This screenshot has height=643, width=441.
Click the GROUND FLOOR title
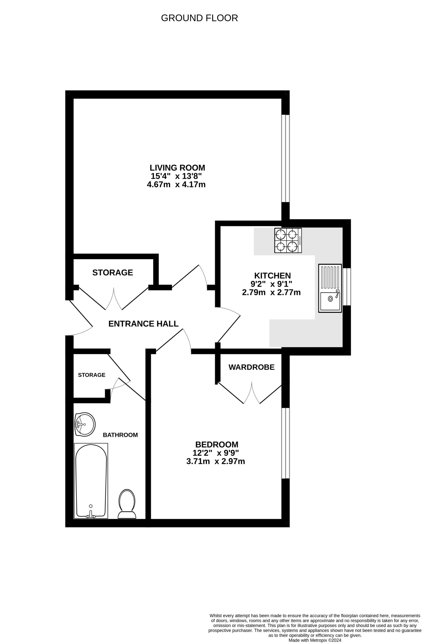199,18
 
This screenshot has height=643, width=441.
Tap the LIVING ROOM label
177,168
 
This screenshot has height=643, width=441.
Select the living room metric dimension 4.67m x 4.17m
176,185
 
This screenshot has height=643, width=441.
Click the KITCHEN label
272,276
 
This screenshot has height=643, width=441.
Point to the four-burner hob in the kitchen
288,240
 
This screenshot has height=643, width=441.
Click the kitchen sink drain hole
330,299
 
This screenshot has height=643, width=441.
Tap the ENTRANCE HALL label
143,324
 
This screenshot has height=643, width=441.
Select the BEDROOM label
217,445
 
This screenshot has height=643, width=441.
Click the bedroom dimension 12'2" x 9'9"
216,453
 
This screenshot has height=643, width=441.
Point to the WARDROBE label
251,367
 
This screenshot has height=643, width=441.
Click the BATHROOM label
120,435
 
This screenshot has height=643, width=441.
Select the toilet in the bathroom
127,504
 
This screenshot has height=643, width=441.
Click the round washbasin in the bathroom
85,424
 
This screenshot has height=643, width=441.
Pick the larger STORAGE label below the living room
113,273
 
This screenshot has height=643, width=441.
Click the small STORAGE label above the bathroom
91,375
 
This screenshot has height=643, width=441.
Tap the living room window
285,158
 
